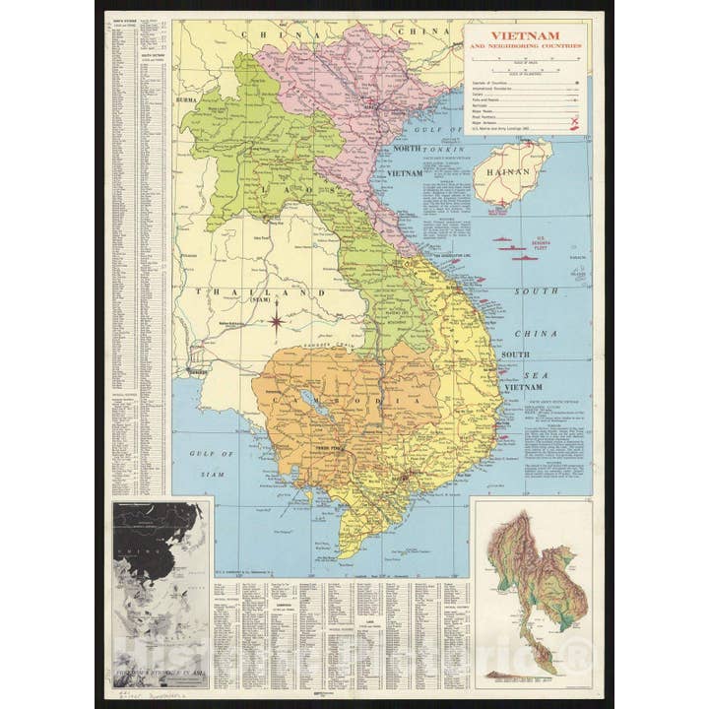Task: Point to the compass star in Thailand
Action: [278, 321]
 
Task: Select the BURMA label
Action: [187, 99]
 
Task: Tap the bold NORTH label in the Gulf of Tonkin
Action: [408, 148]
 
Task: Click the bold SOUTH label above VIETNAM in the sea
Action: [518, 354]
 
